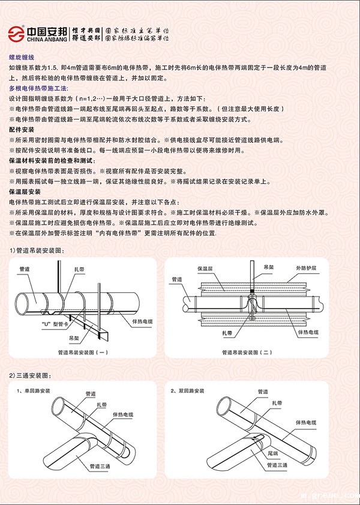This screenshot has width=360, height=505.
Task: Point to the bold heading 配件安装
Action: tap(22, 130)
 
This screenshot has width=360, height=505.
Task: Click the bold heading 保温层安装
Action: tap(25, 192)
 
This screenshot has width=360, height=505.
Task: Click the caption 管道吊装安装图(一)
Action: tap(83, 352)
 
